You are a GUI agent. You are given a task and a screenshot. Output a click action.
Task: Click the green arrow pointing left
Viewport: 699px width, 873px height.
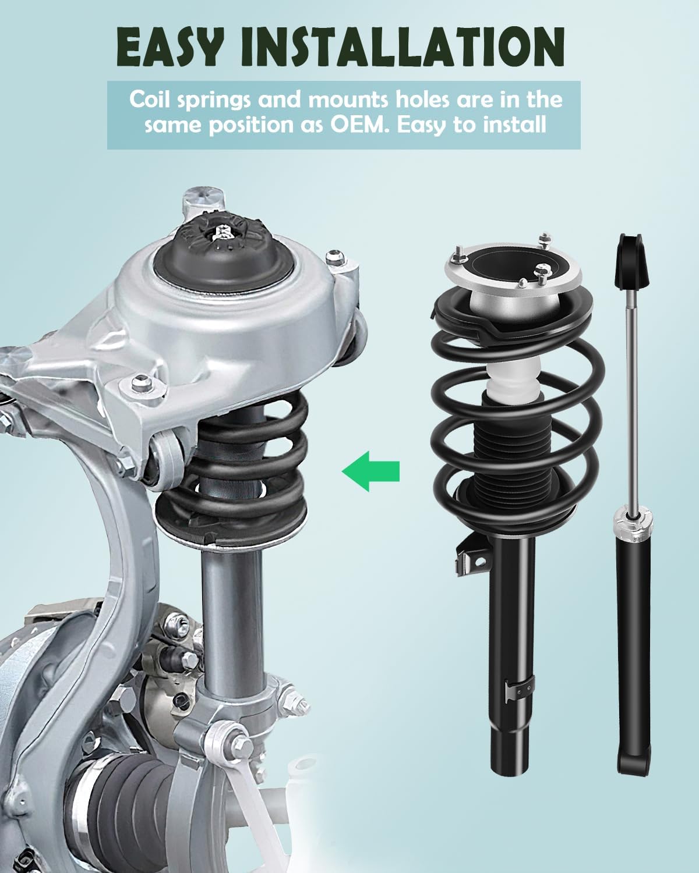point(370,471)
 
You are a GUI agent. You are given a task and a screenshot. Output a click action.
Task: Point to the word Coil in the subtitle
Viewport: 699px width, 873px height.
point(149,100)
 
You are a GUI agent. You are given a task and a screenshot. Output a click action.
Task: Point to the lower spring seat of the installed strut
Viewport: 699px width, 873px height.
point(231,527)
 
